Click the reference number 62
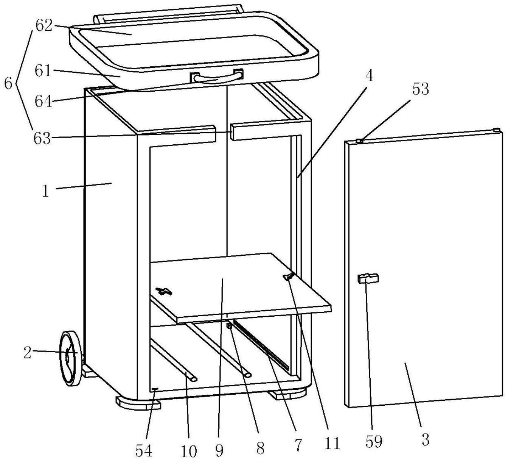(43, 26)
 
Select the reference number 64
(43, 102)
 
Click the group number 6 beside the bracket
(8, 83)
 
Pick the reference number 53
(421, 89)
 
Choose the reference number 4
(370, 76)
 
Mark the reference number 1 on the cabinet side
(46, 191)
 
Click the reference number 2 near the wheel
(27, 353)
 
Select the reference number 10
(189, 451)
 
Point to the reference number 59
(374, 441)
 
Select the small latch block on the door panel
(368, 278)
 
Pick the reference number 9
(219, 450)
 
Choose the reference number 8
(260, 448)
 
